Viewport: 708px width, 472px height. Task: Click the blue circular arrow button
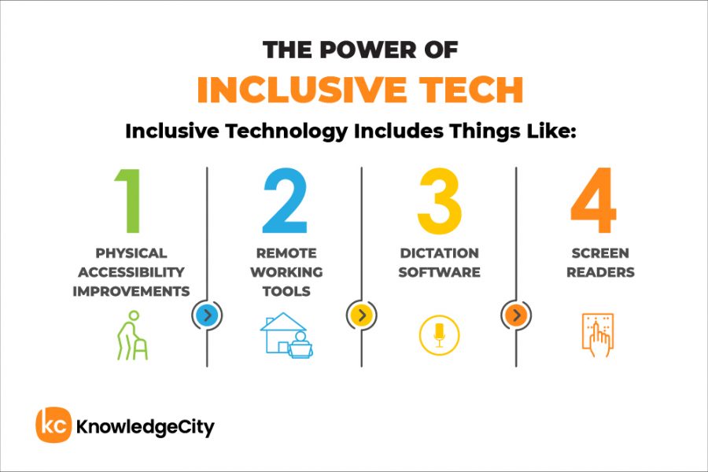click(207, 316)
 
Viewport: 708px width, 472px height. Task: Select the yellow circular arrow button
click(361, 316)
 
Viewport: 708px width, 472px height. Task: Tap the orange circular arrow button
click(515, 316)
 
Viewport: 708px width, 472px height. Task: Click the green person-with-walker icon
click(131, 337)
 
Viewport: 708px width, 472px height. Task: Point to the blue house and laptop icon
click(286, 336)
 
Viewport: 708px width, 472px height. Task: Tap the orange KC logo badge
click(53, 426)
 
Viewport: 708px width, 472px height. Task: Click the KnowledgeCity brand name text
click(145, 427)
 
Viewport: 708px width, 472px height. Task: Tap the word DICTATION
click(439, 253)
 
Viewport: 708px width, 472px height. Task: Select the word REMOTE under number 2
click(286, 253)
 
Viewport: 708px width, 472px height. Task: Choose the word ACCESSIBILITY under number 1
click(131, 272)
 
